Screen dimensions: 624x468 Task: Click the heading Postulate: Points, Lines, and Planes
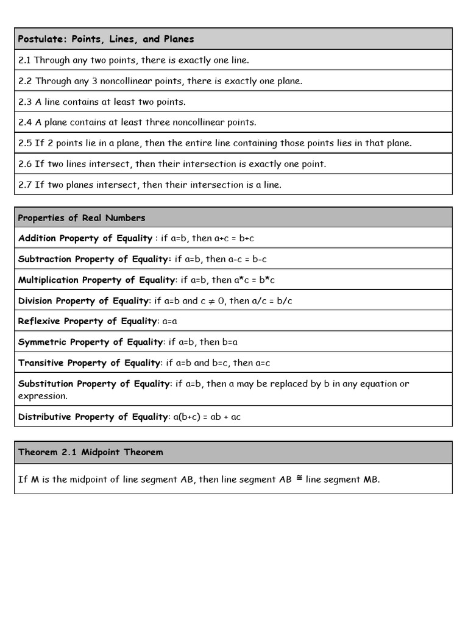pyautogui.click(x=106, y=39)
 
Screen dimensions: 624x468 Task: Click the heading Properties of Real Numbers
pyautogui.click(x=82, y=218)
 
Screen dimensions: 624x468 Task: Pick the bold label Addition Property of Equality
pyautogui.click(x=85, y=238)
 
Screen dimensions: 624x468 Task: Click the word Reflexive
pyautogui.click(x=40, y=321)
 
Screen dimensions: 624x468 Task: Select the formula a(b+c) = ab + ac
pyautogui.click(x=207, y=417)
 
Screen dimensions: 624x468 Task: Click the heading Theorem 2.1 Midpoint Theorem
pyautogui.click(x=90, y=452)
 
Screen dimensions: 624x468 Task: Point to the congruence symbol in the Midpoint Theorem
pyautogui.click(x=299, y=478)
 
